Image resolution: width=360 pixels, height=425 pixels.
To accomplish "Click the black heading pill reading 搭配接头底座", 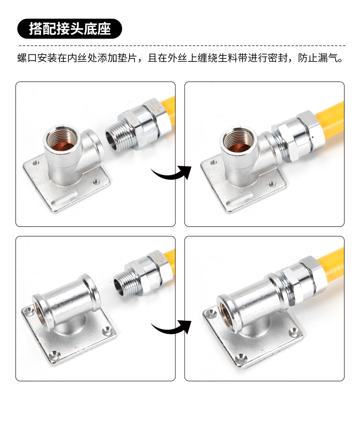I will pos(70,29).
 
